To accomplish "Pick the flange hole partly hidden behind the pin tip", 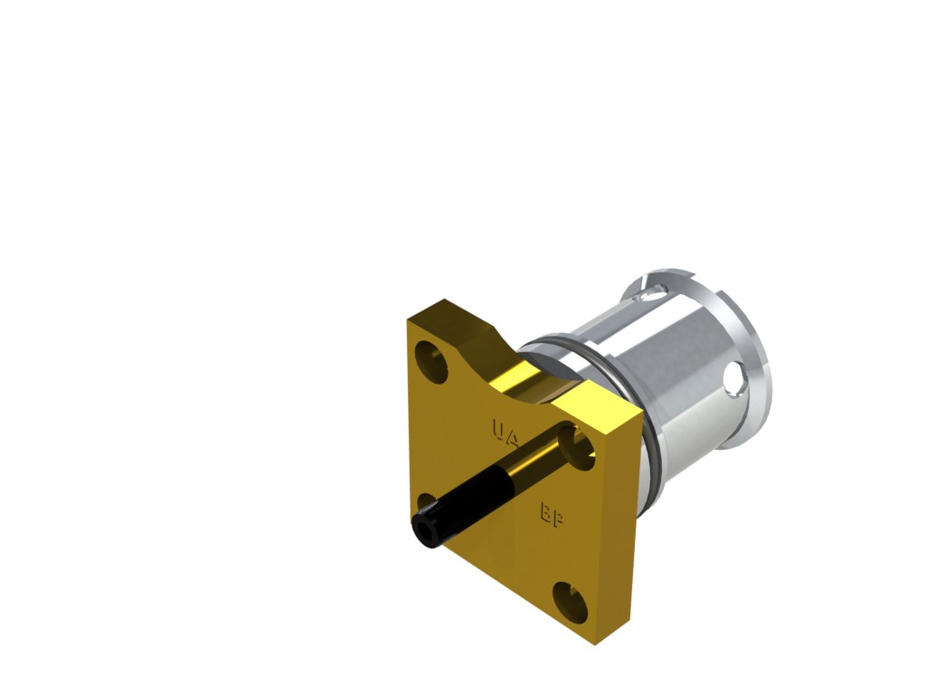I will (x=427, y=507).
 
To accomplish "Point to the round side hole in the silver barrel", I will (x=734, y=379).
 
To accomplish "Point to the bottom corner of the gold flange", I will (x=596, y=642).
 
